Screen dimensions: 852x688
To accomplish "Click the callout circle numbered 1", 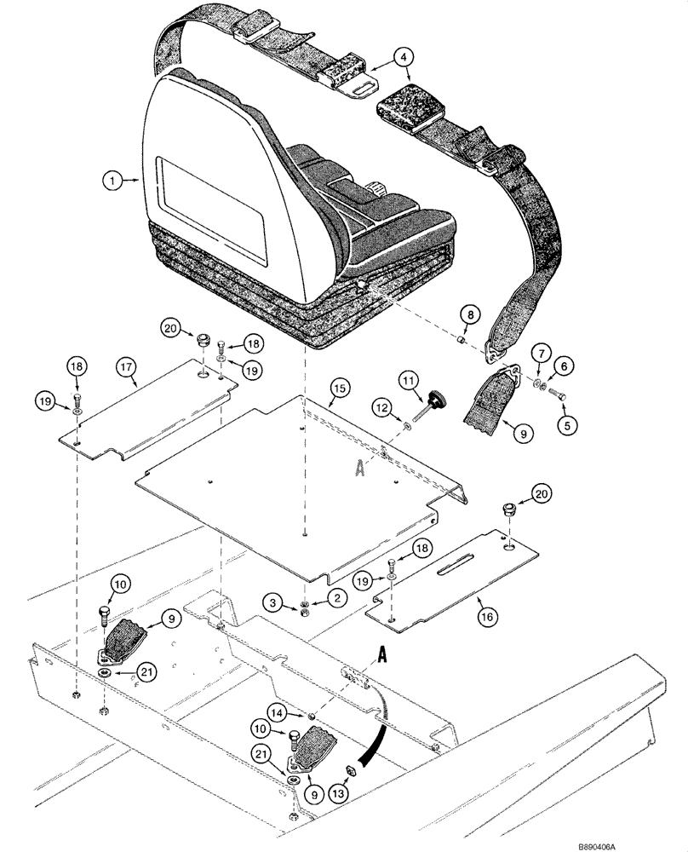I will [x=110, y=180].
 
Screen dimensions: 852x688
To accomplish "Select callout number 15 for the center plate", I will [x=339, y=389].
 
